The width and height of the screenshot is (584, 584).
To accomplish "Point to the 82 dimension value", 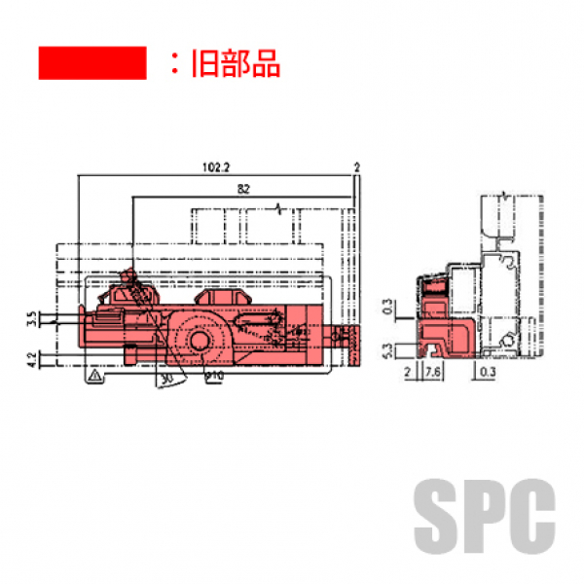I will point(242,187).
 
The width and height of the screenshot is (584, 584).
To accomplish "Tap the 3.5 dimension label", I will point(32,317).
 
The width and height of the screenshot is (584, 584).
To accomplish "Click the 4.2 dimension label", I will point(32,359).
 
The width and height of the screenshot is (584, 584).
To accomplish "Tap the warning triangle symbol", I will point(93,375).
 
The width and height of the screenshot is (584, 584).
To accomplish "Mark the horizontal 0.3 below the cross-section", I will point(489,372).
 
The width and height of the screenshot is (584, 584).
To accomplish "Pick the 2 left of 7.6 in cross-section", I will point(410,372).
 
